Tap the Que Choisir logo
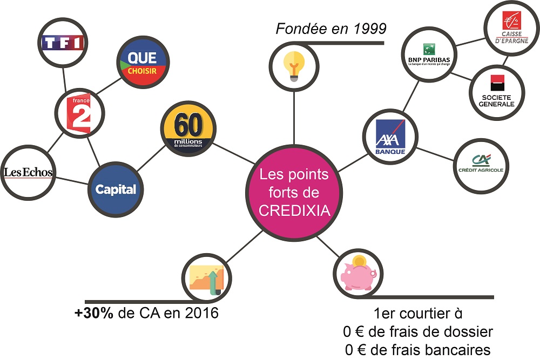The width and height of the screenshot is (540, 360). [142, 64]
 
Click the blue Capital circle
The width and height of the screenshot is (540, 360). [116, 189]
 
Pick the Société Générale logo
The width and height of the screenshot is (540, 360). [497, 91]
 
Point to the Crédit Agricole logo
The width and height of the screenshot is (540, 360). [481, 164]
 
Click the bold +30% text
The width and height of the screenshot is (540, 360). [94, 313]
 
